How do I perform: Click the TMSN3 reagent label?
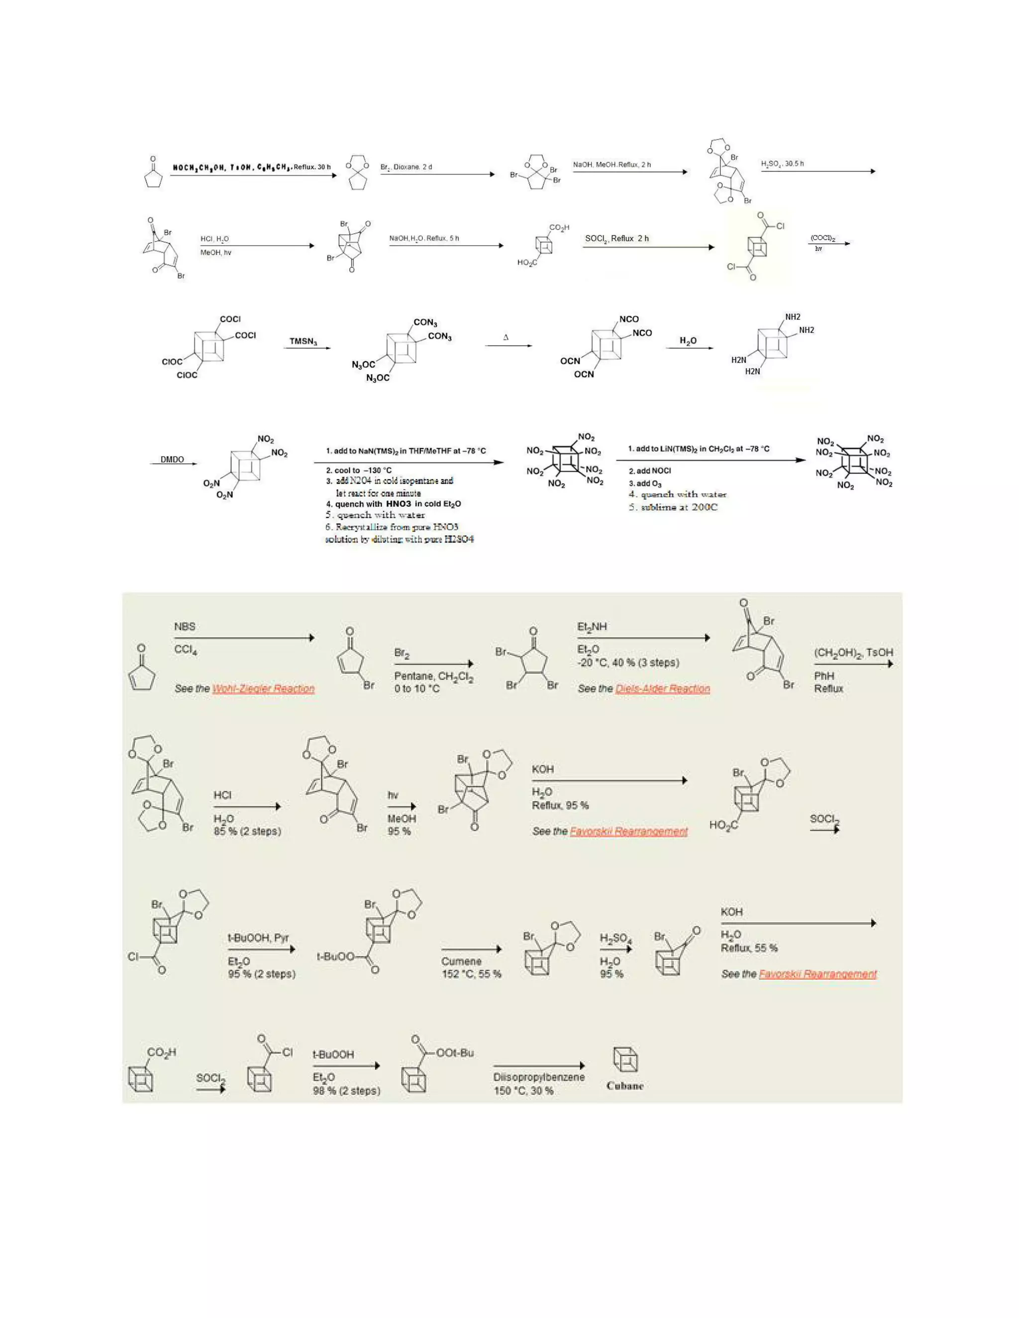303,342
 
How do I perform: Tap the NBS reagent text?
185,626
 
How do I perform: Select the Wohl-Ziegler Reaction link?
263,688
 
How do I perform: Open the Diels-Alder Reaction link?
662,688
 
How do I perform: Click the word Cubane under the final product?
625,1086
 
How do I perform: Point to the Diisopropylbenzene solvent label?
538,1077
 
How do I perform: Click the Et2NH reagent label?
592,626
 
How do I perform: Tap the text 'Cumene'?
461,961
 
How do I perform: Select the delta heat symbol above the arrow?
506,337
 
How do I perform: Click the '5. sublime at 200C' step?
673,507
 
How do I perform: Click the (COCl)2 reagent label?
822,239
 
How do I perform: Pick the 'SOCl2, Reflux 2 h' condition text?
616,238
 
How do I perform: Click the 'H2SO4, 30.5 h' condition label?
782,164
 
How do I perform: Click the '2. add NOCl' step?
649,471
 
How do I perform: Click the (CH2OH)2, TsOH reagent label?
853,653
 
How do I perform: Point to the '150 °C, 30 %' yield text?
523,1091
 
